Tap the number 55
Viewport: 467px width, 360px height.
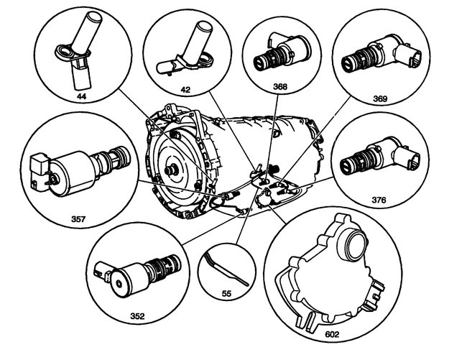click(x=228, y=295)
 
